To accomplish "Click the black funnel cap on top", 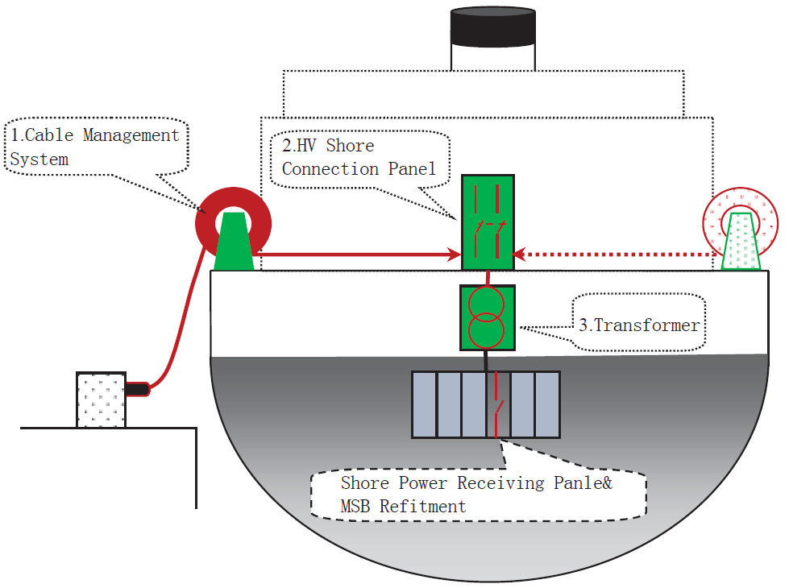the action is [x=492, y=27].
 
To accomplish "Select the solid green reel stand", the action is [x=234, y=242].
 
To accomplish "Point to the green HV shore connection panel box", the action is [x=488, y=222].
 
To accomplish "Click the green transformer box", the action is [x=487, y=317].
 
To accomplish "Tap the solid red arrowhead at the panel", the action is [x=455, y=255].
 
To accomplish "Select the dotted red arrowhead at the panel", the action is [x=520, y=254].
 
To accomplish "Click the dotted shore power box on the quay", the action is [x=101, y=400].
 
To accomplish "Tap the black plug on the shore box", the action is [x=137, y=389].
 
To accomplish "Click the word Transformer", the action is [x=646, y=325].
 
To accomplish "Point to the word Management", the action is [x=131, y=135].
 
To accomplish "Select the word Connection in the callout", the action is [x=330, y=169].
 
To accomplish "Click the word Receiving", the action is [x=500, y=482].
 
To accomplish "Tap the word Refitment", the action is [x=422, y=506].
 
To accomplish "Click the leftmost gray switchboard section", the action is [x=424, y=405].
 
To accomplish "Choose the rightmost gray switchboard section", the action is [x=547, y=405].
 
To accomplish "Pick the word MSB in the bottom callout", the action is [x=355, y=506].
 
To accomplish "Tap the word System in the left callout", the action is [x=39, y=159].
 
